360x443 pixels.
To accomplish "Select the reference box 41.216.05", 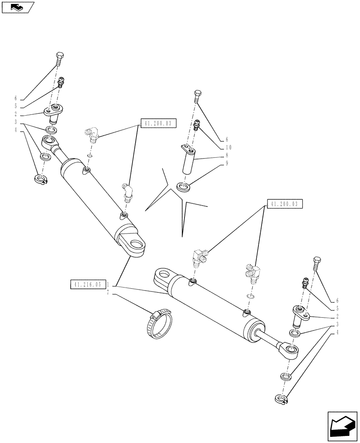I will point(86,284).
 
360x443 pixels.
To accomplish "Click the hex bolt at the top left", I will point(60,59).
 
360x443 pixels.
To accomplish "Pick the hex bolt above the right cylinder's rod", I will point(316,264).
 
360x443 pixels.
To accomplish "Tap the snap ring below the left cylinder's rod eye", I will point(40,179).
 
